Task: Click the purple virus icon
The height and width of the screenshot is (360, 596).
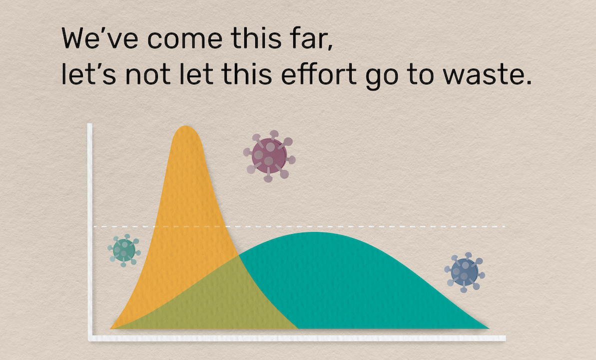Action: pyautogui.click(x=269, y=156)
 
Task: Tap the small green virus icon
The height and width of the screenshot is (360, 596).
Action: pyautogui.click(x=124, y=250)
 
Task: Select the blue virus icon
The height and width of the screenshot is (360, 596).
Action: pyautogui.click(x=465, y=272)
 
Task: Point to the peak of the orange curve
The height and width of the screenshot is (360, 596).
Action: pyautogui.click(x=186, y=126)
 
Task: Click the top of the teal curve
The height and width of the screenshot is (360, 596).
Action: pyautogui.click(x=315, y=232)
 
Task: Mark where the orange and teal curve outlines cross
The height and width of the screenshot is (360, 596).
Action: pyautogui.click(x=239, y=255)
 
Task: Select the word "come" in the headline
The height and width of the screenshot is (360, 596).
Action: pyautogui.click(x=185, y=40)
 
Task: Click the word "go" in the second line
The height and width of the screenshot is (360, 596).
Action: pyautogui.click(x=382, y=78)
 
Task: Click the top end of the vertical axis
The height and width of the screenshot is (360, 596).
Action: pyautogui.click(x=90, y=124)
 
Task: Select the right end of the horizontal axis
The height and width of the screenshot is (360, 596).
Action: pyautogui.click(x=506, y=338)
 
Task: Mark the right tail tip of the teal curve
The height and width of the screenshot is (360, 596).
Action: pyautogui.click(x=489, y=328)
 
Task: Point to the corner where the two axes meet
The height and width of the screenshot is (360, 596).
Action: pyautogui.click(x=90, y=338)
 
